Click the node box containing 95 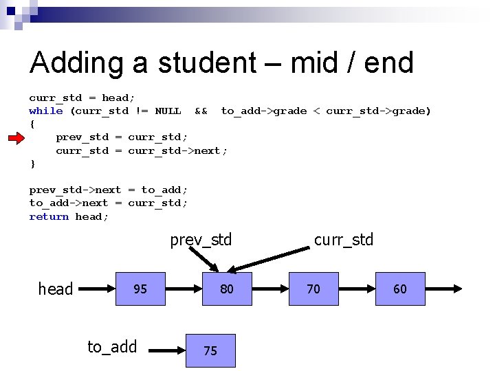click(x=140, y=289)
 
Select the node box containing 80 click(x=227, y=289)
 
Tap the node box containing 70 click(x=313, y=289)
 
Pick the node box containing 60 click(x=400, y=289)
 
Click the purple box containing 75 click(x=210, y=351)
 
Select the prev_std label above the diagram click(x=201, y=240)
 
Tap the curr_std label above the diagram click(x=343, y=240)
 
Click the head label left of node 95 click(x=56, y=289)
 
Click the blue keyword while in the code click(x=46, y=111)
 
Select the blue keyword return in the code click(x=49, y=216)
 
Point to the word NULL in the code click(x=168, y=111)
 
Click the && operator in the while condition click(x=201, y=111)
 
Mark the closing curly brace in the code click(x=32, y=164)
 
